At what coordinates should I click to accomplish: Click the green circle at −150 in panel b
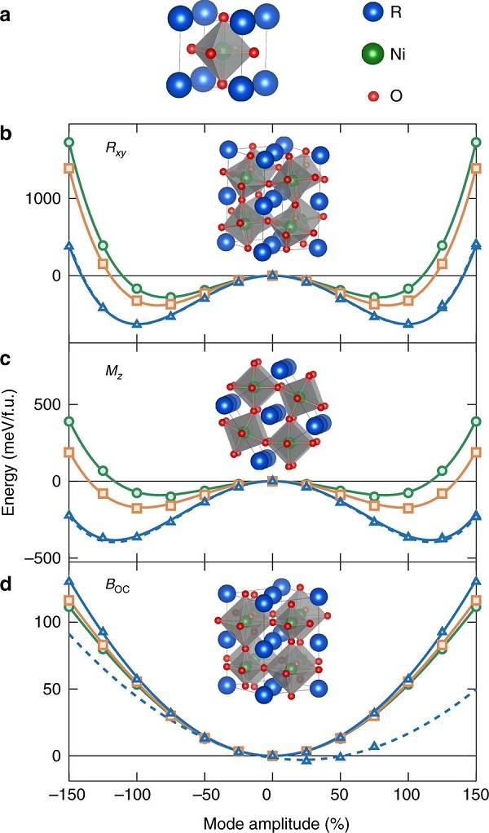69,143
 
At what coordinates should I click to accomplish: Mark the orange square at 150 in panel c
476,452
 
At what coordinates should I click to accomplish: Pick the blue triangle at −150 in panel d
69,581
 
